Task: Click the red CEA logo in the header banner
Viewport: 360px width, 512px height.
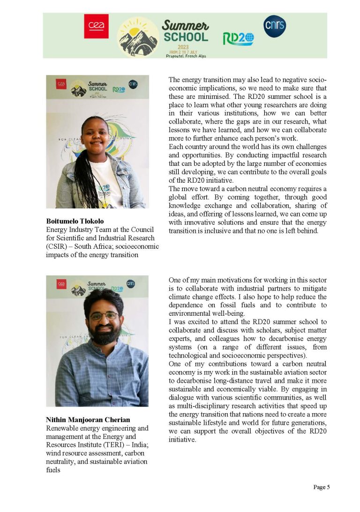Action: [96, 26]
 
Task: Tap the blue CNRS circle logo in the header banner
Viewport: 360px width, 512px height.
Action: [274, 26]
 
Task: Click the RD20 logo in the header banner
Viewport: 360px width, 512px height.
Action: [238, 38]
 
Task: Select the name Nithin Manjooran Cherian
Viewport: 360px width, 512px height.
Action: [88, 420]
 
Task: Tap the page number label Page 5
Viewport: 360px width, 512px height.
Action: [322, 487]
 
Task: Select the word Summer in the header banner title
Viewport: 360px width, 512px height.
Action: [186, 25]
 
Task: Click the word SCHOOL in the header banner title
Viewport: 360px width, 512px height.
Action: [186, 37]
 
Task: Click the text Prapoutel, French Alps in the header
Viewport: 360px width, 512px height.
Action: [186, 56]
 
